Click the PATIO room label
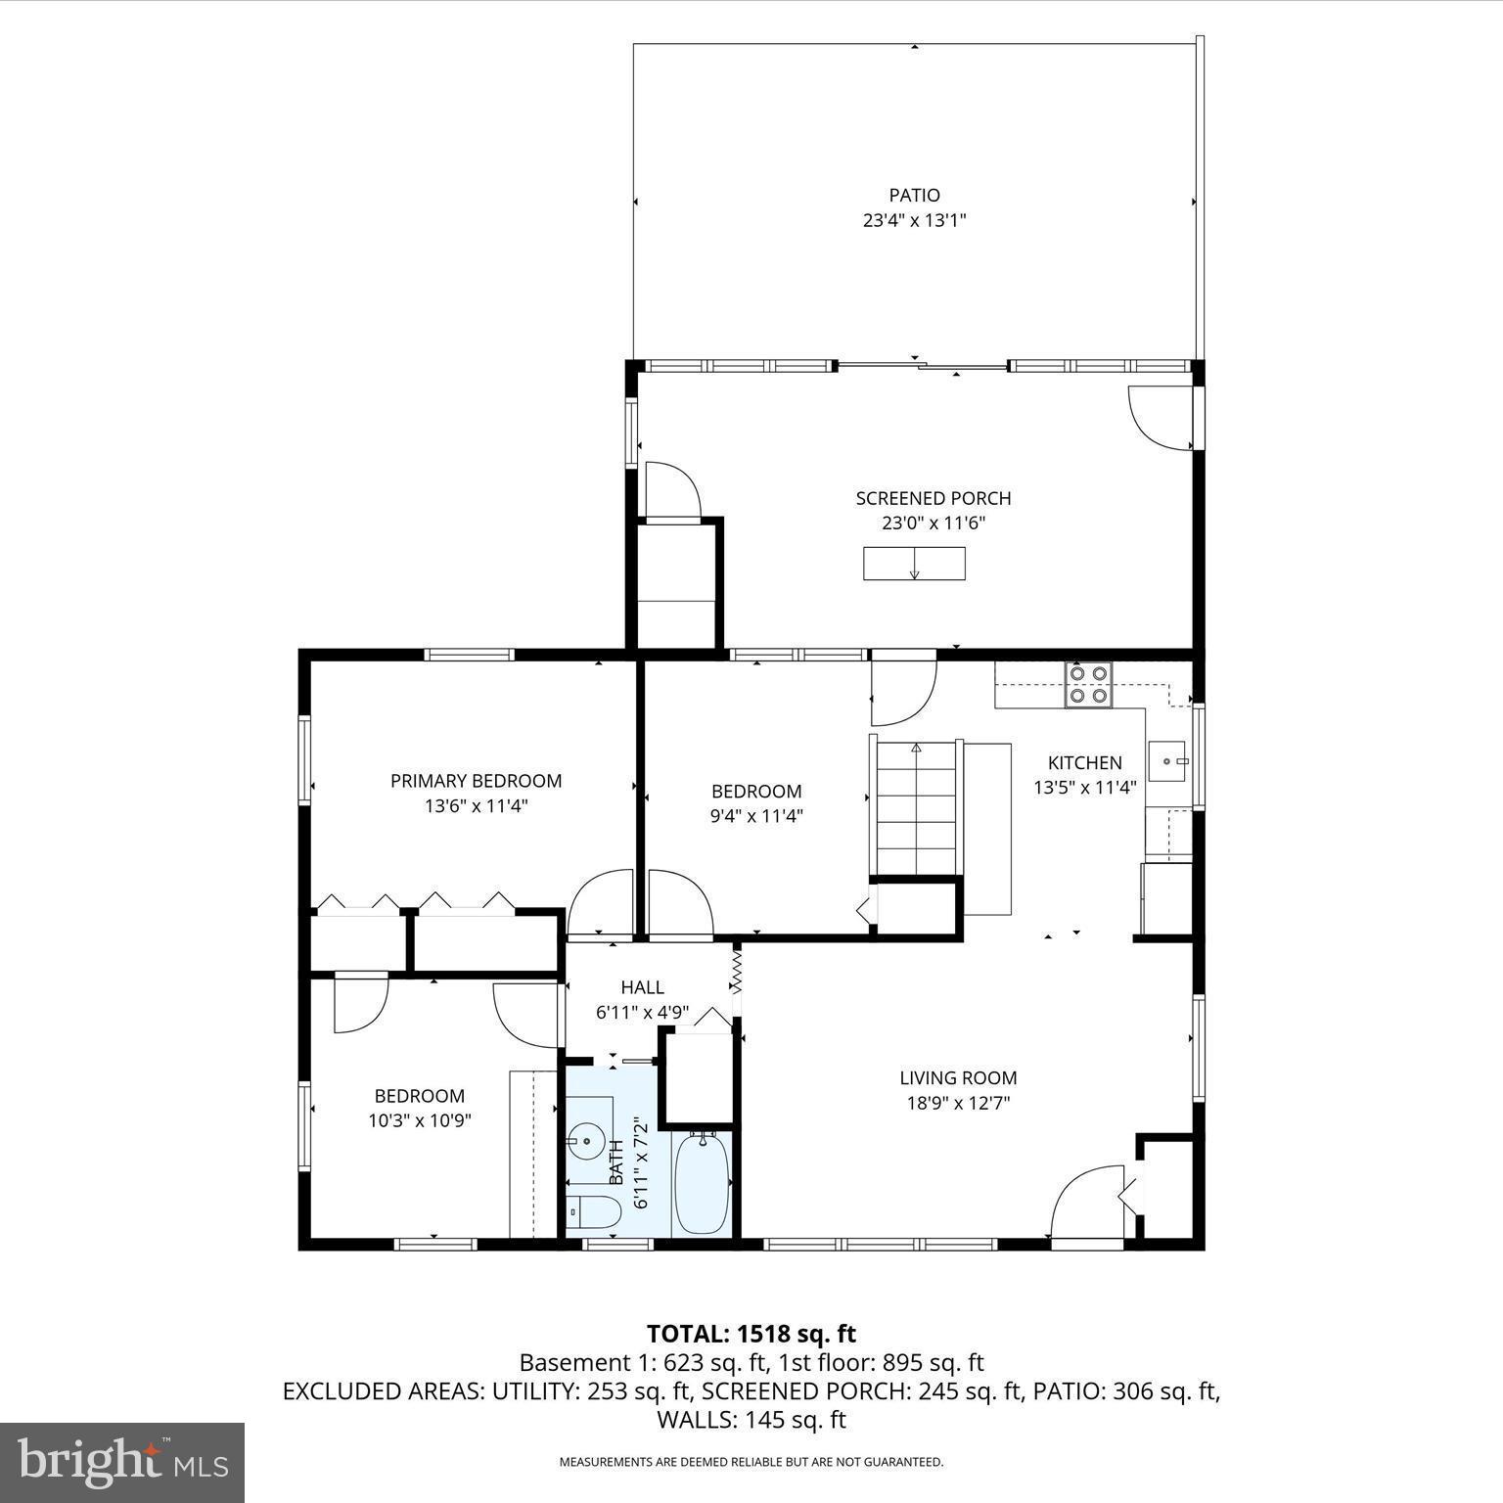[914, 196]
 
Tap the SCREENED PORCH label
[933, 498]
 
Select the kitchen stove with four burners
[1089, 685]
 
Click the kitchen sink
[1167, 761]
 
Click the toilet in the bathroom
[593, 1212]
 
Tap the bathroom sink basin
[586, 1140]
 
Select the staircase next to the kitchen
[916, 807]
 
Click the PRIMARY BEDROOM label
[476, 781]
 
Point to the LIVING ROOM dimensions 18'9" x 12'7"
[958, 1104]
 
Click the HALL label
[642, 987]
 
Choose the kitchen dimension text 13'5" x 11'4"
[1084, 788]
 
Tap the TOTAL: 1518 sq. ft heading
[751, 1334]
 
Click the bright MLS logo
[122, 1463]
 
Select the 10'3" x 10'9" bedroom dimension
[420, 1121]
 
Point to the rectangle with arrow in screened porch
[914, 564]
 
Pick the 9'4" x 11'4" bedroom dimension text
[755, 816]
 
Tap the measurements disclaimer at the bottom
[751, 1462]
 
